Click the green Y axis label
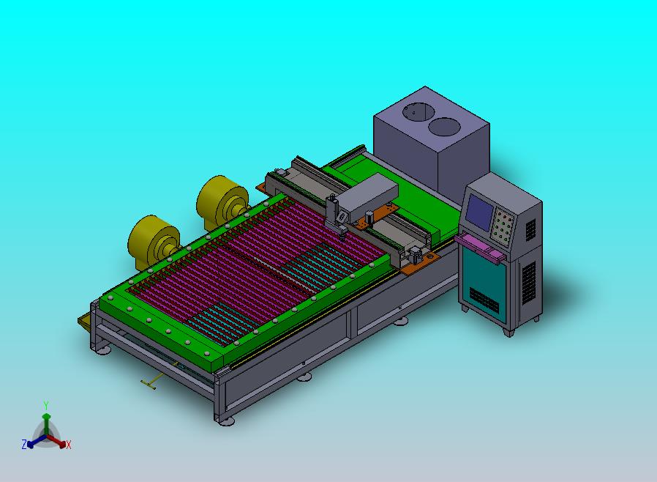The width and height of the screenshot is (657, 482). point(46,405)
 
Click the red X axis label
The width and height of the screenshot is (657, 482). point(69,445)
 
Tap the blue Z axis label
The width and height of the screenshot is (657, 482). point(24,444)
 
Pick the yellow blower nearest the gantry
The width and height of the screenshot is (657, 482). point(221,202)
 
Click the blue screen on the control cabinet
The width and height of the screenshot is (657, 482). point(480,212)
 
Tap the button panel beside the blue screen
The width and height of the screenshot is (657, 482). point(503,226)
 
